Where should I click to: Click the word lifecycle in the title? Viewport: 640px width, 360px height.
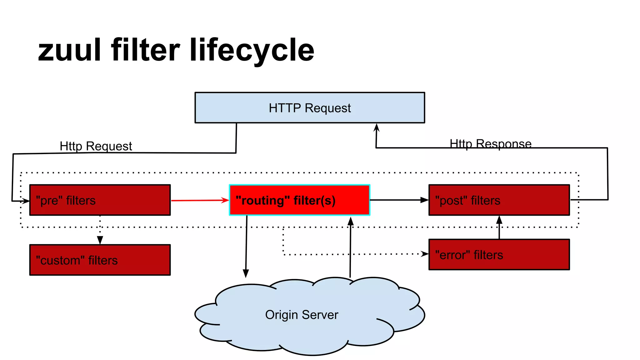click(x=252, y=50)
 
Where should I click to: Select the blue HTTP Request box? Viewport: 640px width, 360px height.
click(x=309, y=108)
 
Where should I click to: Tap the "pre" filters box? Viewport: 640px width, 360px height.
click(x=100, y=200)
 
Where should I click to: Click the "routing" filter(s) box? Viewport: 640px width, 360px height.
click(x=299, y=200)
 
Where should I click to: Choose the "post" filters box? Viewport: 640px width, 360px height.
click(x=499, y=200)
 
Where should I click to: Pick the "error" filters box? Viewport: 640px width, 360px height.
click(x=499, y=255)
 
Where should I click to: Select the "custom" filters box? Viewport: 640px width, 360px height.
click(x=100, y=260)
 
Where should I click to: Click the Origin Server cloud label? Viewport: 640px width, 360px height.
click(x=302, y=315)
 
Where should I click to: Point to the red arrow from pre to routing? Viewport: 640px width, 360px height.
click(x=200, y=200)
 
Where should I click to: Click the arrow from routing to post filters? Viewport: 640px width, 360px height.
click(x=399, y=200)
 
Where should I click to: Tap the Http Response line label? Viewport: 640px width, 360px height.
click(x=490, y=144)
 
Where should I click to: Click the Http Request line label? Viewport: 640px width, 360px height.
click(x=96, y=146)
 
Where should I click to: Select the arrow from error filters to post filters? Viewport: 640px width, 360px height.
click(x=499, y=227)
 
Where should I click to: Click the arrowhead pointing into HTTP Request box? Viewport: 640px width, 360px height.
click(x=377, y=127)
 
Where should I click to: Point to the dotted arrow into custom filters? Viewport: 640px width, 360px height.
click(x=100, y=231)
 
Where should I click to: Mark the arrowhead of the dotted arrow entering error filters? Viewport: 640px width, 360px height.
click(x=425, y=254)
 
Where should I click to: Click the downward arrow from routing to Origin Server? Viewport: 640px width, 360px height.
click(x=246, y=247)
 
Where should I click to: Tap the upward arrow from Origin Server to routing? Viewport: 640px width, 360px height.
click(x=350, y=247)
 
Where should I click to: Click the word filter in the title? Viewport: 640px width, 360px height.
click(x=145, y=50)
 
